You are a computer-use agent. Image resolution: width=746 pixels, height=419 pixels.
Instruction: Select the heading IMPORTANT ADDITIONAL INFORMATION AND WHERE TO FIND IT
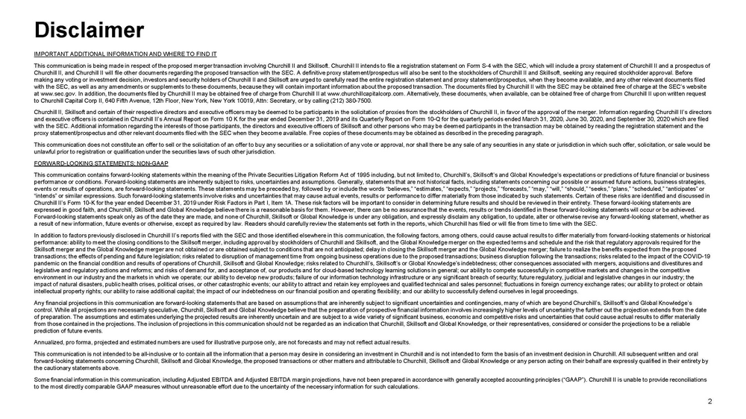(125, 54)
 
